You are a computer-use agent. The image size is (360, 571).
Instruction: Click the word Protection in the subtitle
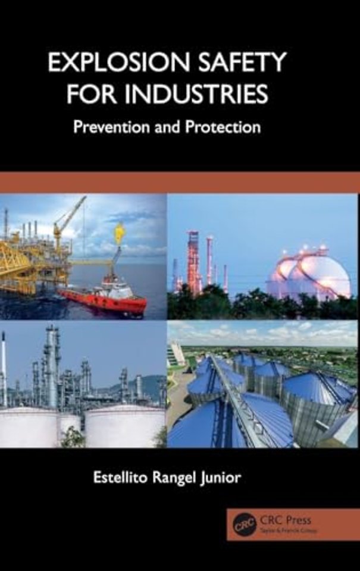click(x=225, y=126)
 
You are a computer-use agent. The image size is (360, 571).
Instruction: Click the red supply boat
click(x=104, y=300)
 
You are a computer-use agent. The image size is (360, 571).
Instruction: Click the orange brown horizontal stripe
click(x=180, y=182)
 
